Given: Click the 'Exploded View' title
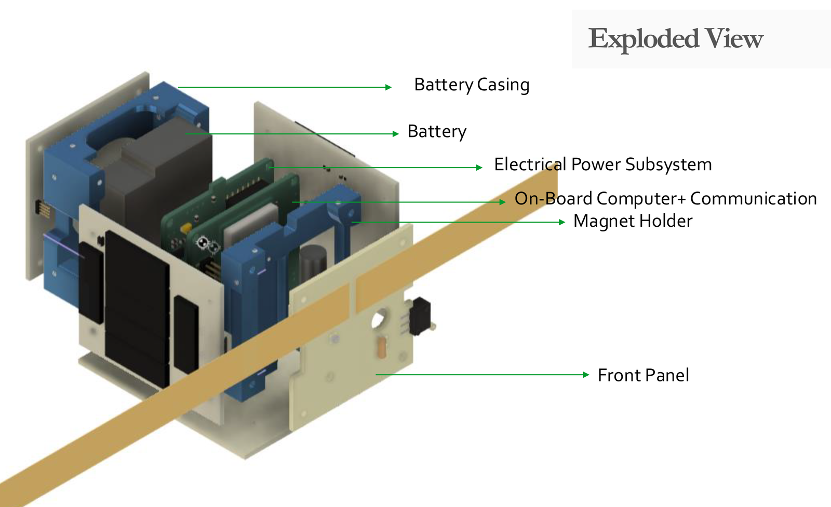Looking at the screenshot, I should click(675, 39).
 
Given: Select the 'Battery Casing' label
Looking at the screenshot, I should click(472, 85).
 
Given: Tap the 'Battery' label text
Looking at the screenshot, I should click(437, 131).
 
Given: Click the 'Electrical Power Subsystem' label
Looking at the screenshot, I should click(602, 165).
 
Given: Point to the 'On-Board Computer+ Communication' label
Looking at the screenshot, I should click(665, 199).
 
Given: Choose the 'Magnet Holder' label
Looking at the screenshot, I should click(633, 221).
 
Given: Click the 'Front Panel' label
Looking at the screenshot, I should click(643, 375).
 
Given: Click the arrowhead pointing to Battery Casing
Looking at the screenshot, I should click(388, 87).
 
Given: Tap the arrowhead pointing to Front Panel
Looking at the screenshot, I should click(586, 375).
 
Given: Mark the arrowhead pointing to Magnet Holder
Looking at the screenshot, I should click(561, 222).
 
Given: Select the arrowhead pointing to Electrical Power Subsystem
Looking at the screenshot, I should click(479, 168).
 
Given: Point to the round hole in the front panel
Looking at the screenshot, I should click(379, 318).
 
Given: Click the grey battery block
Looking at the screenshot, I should click(156, 171).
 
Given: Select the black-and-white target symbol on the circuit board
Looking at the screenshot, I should click(202, 242).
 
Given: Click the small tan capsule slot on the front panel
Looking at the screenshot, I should click(383, 347).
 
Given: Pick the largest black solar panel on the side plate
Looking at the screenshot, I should click(137, 306).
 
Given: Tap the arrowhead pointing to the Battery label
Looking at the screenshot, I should click(395, 134).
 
